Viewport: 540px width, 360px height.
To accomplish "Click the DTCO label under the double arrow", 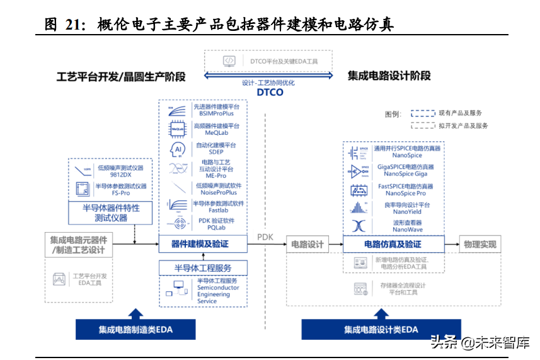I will [270, 92].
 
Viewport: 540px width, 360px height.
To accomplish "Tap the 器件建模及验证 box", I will [200, 244].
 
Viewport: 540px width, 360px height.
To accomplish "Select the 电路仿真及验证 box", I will [393, 244].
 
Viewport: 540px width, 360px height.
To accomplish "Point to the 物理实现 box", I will [480, 244].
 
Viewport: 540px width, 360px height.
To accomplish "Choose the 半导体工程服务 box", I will [202, 268].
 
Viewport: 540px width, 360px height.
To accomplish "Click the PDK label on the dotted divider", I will [265, 237].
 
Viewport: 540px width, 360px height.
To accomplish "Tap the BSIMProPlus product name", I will [216, 113].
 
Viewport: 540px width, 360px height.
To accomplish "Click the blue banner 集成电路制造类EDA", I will [135, 329].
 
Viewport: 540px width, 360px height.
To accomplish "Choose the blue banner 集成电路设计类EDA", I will [381, 329].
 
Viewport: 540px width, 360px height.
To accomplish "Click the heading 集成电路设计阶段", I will [389, 76].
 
